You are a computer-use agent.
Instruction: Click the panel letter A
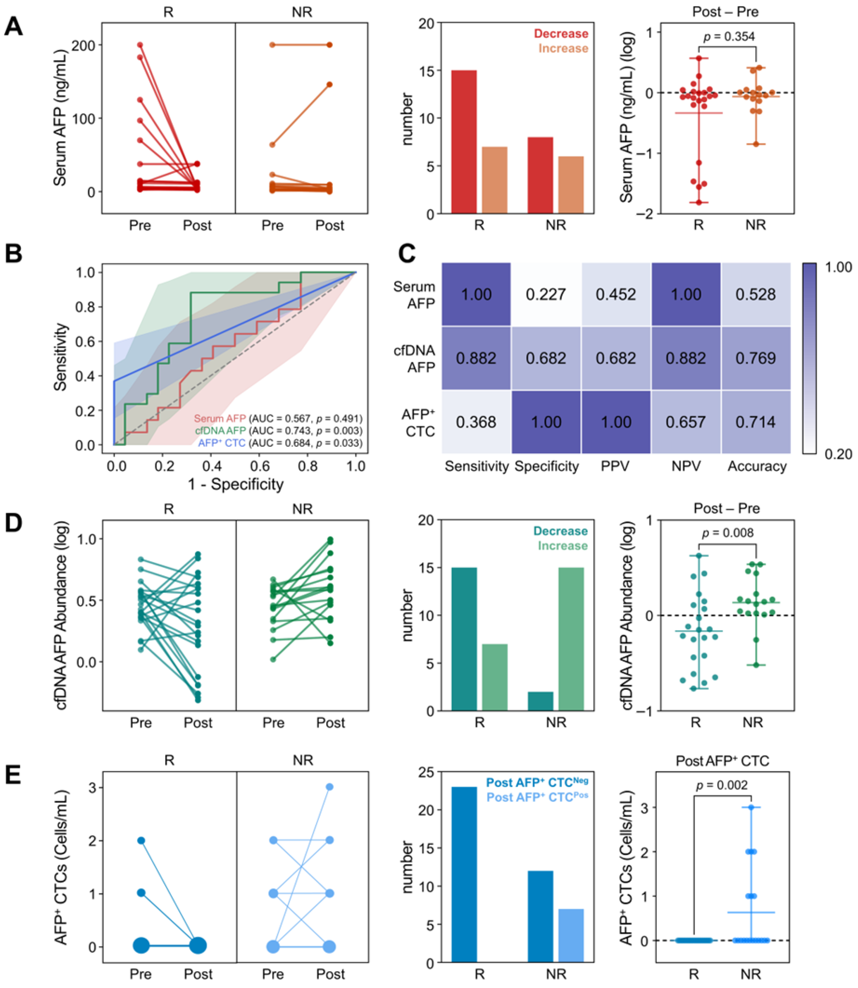click(13, 26)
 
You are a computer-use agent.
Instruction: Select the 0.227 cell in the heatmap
click(546, 294)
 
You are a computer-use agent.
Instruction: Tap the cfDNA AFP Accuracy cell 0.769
click(756, 358)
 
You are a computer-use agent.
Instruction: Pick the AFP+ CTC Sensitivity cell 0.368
click(476, 422)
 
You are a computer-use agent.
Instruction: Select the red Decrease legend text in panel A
click(561, 34)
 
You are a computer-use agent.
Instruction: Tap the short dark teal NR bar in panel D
click(541, 701)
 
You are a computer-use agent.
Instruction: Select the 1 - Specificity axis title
click(236, 484)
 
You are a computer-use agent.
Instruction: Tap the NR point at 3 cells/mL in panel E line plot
click(329, 787)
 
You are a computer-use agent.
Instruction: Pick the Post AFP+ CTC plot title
click(722, 761)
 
